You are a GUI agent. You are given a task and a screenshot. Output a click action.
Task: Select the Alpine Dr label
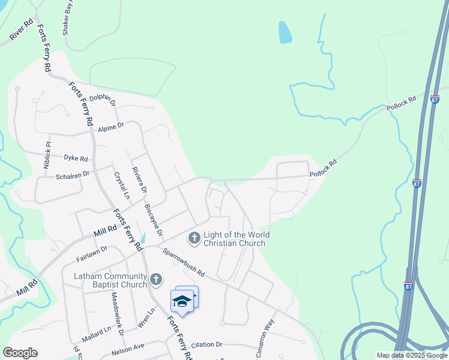point(111,127)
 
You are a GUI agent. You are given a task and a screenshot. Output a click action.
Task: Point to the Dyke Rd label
point(76,158)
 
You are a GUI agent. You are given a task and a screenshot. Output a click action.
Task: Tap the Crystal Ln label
point(121,185)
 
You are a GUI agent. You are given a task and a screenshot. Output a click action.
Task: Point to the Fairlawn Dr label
point(91,253)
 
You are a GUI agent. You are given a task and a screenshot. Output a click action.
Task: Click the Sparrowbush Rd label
point(184,264)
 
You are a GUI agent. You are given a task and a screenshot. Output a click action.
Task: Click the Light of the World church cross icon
point(194,238)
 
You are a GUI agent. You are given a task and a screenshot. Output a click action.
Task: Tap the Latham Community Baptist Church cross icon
point(156,279)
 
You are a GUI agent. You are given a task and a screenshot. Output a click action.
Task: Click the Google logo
point(20,353)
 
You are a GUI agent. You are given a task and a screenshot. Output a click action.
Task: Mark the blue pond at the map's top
point(285,32)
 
